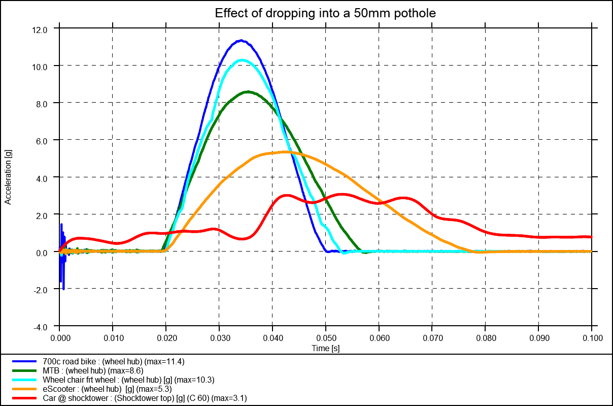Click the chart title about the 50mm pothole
325,13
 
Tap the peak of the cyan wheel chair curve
242,60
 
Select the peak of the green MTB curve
248,92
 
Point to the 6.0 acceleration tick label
41,141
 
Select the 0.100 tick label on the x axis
592,337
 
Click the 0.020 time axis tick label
166,337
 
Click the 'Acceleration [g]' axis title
8,177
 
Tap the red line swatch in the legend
25,398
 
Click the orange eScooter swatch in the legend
25,389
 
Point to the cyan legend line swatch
25,380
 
